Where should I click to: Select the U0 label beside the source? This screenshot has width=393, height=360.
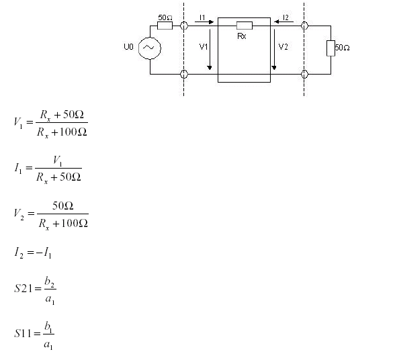[128, 47]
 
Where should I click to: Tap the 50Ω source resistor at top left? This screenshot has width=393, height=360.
[165, 26]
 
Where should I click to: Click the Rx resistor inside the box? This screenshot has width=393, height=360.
[245, 26]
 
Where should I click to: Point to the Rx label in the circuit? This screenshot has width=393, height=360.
[242, 36]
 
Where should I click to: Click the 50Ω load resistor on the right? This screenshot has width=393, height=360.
[331, 48]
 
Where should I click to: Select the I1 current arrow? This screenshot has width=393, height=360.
[204, 21]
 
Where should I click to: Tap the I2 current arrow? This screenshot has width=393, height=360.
[283, 21]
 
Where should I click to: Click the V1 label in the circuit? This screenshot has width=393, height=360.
[204, 46]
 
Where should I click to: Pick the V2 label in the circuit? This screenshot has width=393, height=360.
[283, 46]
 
